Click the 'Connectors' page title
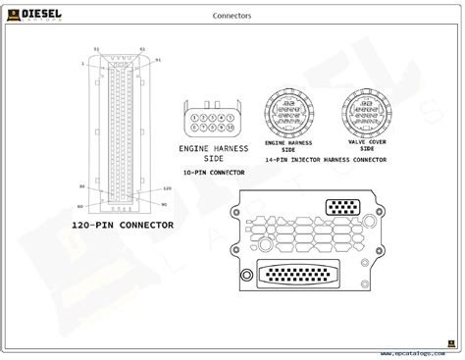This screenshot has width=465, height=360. coord(232,16)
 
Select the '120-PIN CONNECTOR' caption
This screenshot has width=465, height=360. coord(122,225)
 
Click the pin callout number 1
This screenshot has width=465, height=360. coord(83,63)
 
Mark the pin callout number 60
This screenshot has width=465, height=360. coord(79,206)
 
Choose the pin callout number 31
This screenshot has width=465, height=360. coord(95,48)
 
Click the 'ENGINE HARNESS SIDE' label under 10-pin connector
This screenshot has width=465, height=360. coord(213,153)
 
